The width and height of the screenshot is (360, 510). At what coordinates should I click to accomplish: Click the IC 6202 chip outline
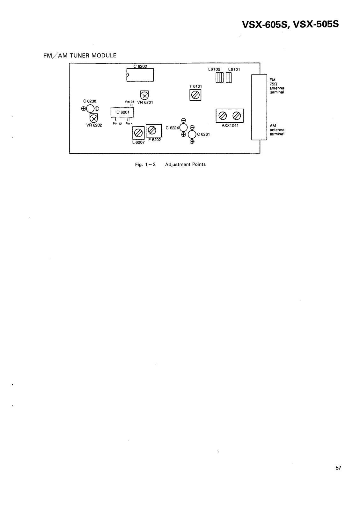140,75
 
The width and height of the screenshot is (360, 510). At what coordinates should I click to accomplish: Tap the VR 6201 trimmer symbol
145,95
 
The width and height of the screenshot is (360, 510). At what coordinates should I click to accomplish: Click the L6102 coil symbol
220,77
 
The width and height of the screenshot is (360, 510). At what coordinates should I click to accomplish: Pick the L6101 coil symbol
229,77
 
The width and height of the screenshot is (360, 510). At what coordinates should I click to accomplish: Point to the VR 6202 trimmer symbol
93,118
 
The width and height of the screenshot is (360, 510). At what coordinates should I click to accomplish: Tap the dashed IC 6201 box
122,112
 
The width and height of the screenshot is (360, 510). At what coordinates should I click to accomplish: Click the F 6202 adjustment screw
152,130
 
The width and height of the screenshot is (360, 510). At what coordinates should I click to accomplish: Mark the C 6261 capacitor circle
192,134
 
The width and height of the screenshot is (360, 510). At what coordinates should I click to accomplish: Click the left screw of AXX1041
223,115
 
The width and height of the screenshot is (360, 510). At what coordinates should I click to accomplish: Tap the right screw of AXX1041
236,115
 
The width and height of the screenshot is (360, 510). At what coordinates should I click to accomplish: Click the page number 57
338,468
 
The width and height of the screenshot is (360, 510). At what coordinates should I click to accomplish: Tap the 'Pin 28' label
129,102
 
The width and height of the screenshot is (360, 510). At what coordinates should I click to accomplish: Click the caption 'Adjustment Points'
185,164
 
